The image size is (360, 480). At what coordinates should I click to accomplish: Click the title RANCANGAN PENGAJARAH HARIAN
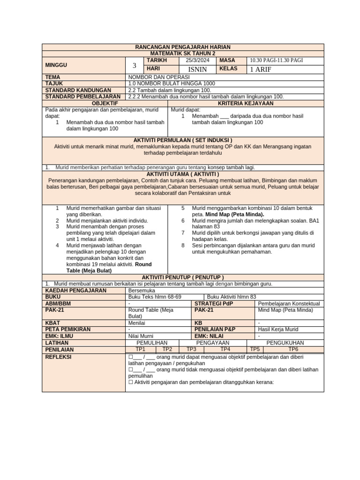tap(183, 47)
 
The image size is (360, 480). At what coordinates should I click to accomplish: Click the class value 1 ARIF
tap(261, 69)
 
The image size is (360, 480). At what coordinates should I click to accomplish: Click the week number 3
tap(134, 66)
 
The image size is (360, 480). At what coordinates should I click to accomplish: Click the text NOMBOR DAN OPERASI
tap(158, 77)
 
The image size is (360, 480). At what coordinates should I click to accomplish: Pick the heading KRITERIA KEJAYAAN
tap(246, 103)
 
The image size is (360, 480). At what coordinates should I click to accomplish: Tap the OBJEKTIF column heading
tap(105, 103)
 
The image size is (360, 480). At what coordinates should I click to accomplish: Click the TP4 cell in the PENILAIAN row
tap(225, 349)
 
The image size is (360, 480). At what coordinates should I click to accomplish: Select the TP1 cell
tap(140, 349)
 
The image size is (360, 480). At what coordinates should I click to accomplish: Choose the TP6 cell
tap(293, 349)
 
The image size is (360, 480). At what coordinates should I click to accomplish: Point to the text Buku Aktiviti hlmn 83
tap(232, 297)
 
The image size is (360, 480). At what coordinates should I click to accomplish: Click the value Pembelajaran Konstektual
tap(289, 303)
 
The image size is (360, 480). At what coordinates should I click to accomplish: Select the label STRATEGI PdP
tap(211, 303)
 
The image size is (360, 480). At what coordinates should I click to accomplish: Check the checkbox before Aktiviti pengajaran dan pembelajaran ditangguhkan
tap(131, 382)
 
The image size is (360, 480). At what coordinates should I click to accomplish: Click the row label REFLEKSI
tap(58, 357)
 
